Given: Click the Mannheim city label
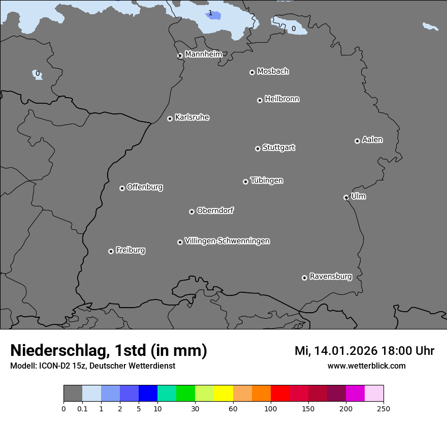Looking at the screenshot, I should (x=203, y=54).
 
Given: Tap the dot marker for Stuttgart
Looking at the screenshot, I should (x=258, y=148).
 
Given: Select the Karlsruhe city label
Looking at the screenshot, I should (x=192, y=117).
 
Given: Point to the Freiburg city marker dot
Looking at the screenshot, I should (x=111, y=251).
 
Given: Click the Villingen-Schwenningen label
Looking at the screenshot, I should (x=227, y=241).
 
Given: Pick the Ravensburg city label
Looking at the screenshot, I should (x=331, y=277).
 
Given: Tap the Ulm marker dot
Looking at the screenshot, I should (x=346, y=197).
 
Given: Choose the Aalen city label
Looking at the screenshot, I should (x=372, y=140).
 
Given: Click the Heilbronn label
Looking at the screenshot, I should (x=282, y=99).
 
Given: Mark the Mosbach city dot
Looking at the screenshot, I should (x=252, y=72).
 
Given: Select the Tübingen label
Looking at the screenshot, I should (x=267, y=180).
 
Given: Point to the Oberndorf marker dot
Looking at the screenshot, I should (x=191, y=212).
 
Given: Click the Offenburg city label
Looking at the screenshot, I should (x=145, y=187).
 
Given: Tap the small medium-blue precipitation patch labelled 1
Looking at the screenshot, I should (x=214, y=15).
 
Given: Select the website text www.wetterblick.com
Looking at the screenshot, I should (x=366, y=366).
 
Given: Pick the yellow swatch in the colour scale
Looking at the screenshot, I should (x=223, y=394).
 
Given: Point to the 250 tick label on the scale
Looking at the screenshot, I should (x=384, y=409).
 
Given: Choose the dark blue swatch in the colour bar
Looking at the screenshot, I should (x=148, y=394).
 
